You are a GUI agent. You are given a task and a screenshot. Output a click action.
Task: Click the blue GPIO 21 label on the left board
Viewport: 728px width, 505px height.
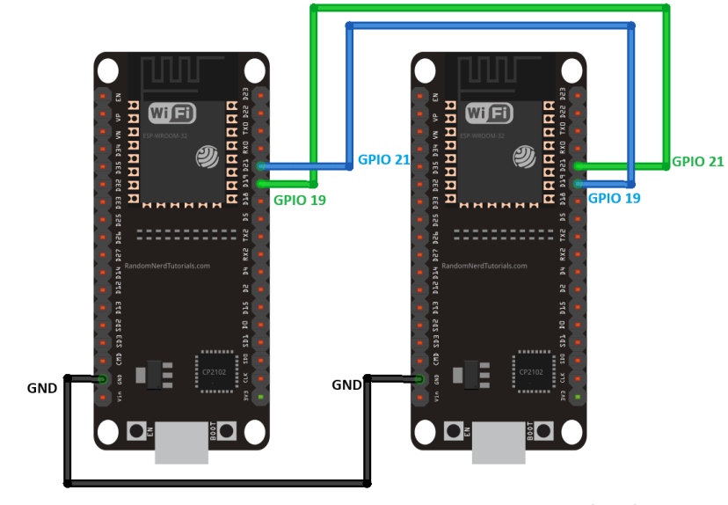point(384,160)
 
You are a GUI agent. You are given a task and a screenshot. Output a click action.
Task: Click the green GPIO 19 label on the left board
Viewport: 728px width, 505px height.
point(300,201)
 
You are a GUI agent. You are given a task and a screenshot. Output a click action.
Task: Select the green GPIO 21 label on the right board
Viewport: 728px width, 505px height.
point(697,162)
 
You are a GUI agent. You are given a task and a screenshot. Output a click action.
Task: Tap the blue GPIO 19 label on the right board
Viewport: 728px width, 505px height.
point(614,199)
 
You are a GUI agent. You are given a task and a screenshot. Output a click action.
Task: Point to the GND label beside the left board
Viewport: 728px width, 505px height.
point(42,388)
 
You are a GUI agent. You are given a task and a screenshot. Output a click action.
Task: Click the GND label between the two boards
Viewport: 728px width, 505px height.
point(347,385)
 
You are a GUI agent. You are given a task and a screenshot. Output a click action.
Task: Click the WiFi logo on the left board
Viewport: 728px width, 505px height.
point(171,113)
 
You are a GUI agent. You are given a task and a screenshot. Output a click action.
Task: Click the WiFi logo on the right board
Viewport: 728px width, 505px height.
point(488,113)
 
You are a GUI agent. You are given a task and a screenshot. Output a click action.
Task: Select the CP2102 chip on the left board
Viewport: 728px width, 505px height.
point(215,372)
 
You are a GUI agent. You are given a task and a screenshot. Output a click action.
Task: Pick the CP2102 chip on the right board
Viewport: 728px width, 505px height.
point(531,372)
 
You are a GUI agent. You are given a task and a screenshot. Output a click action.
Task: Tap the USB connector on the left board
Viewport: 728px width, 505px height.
point(182,444)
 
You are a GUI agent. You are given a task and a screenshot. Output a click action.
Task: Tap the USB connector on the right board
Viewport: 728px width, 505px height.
point(499,444)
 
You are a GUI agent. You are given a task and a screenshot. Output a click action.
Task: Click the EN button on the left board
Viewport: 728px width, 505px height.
point(137,431)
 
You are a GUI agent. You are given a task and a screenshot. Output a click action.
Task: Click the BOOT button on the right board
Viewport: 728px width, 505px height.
point(544,431)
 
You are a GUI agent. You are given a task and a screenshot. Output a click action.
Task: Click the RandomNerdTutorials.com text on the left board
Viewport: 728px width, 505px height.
point(167,266)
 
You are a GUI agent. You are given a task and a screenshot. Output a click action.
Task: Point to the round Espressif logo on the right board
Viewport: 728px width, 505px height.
point(525,157)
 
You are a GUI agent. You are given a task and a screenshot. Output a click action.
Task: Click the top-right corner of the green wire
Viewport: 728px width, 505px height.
point(666,8)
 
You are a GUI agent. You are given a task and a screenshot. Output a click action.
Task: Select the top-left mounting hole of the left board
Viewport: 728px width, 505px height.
point(108,70)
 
